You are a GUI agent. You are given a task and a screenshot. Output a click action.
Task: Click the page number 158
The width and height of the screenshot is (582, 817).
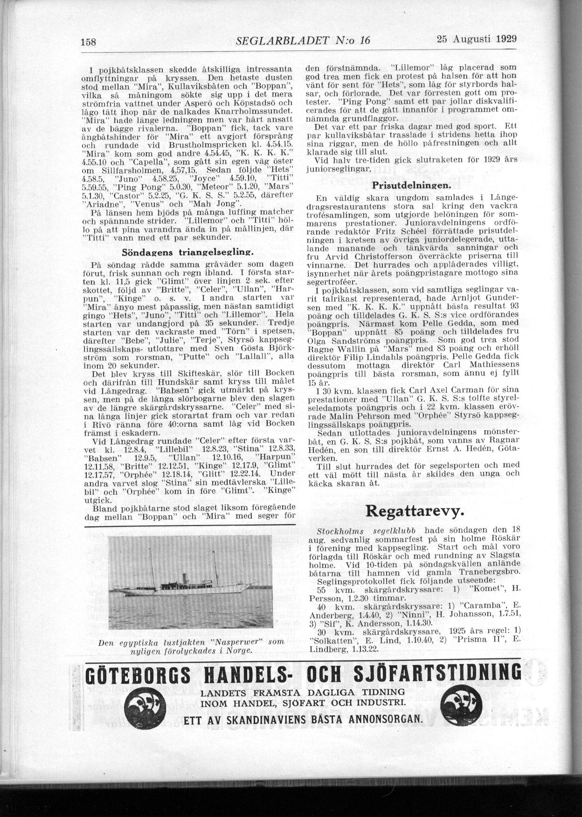coord(88,42)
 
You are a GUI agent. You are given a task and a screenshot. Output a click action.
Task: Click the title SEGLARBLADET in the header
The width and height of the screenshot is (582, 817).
coord(282,41)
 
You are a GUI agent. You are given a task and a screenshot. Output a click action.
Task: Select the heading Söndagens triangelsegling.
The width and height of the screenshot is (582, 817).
coord(187,253)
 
